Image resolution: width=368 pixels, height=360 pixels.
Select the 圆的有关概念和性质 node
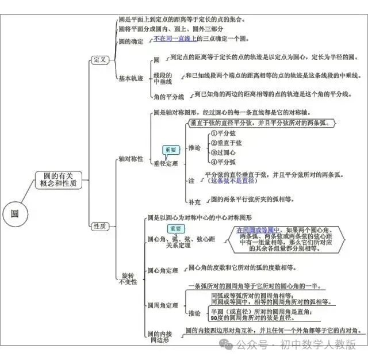point(59,179)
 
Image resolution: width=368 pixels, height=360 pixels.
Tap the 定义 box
point(99,60)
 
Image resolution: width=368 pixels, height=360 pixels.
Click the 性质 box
point(99,227)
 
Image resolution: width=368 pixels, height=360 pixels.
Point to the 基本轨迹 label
point(131,78)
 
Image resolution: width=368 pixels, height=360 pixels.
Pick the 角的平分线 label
point(168,96)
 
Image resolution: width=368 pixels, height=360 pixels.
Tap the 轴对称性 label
point(131,158)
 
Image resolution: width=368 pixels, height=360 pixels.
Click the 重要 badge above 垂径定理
point(171,150)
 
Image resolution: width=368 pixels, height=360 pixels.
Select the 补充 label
point(195,201)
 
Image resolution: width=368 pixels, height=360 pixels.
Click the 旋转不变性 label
point(128,278)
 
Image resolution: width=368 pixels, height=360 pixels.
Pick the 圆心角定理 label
point(163,270)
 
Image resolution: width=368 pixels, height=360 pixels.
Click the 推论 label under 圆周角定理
point(195,313)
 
